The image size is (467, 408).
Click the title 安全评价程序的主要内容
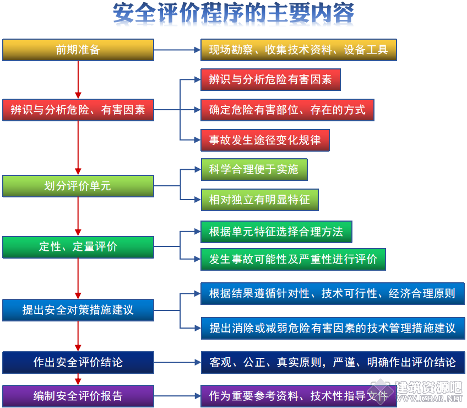point(233,13)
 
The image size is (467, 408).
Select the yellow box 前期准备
point(78,50)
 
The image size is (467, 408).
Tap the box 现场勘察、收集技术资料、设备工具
point(298,50)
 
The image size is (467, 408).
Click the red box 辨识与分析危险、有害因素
point(78,110)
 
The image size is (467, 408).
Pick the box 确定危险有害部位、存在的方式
point(287,110)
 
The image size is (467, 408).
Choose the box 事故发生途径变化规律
point(265,140)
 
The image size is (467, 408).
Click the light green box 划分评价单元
point(78,186)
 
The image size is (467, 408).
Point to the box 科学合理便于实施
point(254,169)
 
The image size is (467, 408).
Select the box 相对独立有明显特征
point(260,200)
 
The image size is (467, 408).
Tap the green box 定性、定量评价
point(78,247)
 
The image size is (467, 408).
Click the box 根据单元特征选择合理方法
point(276,232)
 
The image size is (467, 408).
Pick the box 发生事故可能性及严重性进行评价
point(293,260)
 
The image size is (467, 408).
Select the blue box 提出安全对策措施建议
point(78,310)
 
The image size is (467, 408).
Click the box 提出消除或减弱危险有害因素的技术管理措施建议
point(333,328)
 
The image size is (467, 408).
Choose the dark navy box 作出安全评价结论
point(78,362)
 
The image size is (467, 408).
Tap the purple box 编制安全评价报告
point(78,396)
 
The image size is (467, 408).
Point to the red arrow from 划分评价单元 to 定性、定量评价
point(78,217)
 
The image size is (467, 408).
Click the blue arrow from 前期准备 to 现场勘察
point(177,50)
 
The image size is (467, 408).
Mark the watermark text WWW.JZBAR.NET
point(429,398)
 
